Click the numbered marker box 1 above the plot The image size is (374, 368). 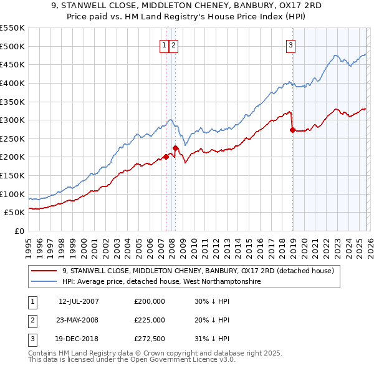[x=164, y=44]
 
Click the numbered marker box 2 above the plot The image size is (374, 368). [x=173, y=44]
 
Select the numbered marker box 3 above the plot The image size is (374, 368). [x=290, y=44]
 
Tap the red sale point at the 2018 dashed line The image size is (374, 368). [x=292, y=130]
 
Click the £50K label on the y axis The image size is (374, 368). [x=15, y=213]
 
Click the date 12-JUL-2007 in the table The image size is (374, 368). [x=79, y=301]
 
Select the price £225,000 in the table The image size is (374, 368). [x=150, y=320]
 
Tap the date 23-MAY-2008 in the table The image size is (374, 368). [x=79, y=320]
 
